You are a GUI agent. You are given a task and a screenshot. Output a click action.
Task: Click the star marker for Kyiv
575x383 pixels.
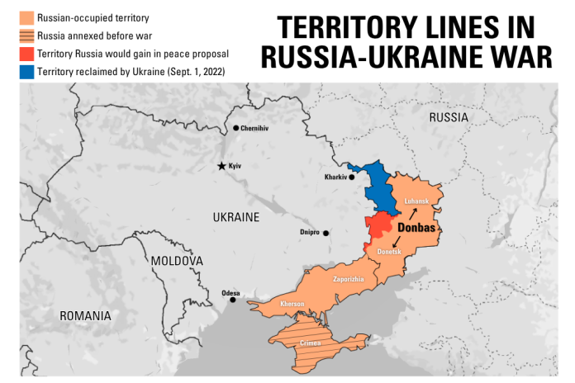pyautogui.click(x=221, y=166)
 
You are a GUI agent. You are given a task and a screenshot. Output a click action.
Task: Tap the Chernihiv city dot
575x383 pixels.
pyautogui.click(x=236, y=128)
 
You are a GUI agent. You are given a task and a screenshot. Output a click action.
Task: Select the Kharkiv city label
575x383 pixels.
pyautogui.click(x=335, y=177)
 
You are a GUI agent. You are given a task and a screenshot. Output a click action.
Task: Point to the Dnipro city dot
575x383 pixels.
pyautogui.click(x=326, y=234)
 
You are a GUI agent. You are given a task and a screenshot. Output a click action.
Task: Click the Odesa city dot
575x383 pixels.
pyautogui.click(x=232, y=300)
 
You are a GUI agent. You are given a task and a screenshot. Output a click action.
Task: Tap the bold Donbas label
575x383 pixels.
pyautogui.click(x=417, y=227)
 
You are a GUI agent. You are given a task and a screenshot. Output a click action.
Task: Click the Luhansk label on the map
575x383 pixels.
pyautogui.click(x=416, y=201)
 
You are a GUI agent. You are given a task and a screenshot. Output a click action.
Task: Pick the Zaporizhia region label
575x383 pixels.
pyautogui.click(x=348, y=279)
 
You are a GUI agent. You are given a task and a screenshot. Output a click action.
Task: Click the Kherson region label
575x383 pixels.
pyautogui.click(x=292, y=305)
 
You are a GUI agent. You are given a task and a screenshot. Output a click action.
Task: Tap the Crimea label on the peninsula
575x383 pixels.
pyautogui.click(x=310, y=342)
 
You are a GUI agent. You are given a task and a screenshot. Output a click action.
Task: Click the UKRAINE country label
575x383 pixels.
pyautogui.click(x=236, y=218)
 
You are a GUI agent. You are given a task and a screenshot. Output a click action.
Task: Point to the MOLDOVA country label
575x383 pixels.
pyautogui.click(x=177, y=261)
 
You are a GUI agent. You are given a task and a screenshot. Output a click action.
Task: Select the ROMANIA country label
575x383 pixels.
pyautogui.click(x=84, y=316)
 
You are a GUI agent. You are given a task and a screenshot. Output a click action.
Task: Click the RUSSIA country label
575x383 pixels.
pyautogui.click(x=449, y=118)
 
